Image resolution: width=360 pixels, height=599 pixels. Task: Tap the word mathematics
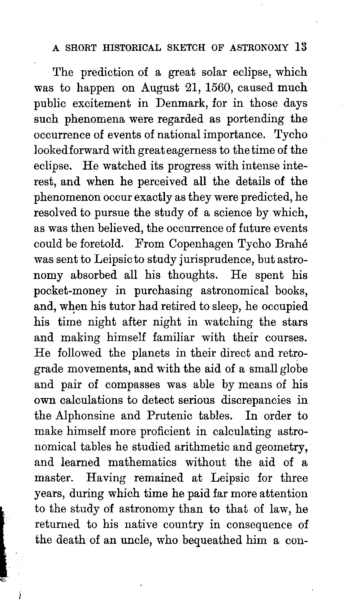pos(142,462)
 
